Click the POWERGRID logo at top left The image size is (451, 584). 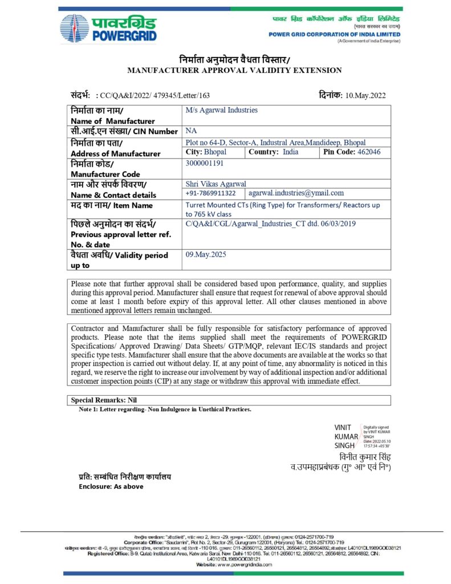(x=108, y=28)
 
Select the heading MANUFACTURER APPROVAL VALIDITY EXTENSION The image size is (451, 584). (x=234, y=70)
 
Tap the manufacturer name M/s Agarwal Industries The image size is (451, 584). (x=222, y=110)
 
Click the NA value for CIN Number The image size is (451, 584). (x=191, y=131)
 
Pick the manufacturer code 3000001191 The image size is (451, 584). (x=205, y=163)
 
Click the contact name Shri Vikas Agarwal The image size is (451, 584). (x=216, y=184)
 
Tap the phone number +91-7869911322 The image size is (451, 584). (x=211, y=193)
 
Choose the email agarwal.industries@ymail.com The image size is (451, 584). (x=296, y=193)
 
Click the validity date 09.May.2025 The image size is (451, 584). (x=206, y=254)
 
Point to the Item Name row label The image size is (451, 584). (x=112, y=205)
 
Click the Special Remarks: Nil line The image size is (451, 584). (x=104, y=400)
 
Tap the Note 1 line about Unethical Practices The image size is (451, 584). (x=165, y=409)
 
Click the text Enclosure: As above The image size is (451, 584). (x=111, y=486)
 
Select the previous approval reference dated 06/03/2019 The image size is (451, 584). (x=271, y=224)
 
